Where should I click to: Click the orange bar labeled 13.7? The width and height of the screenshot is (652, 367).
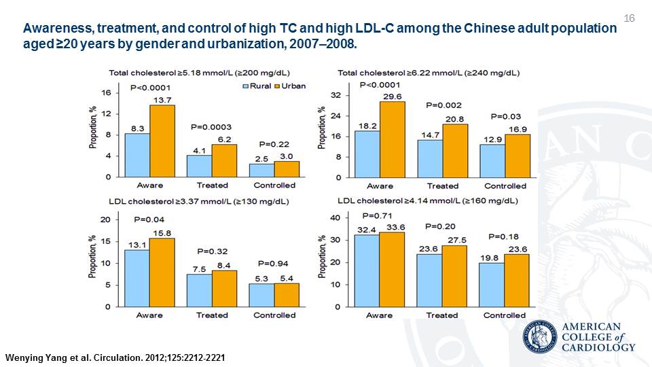[x=162, y=141]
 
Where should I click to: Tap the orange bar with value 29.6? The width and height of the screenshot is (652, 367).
[x=393, y=139]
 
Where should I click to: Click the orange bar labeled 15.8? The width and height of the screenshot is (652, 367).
[x=162, y=273]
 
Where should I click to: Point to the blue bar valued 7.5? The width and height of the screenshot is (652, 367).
[x=199, y=290]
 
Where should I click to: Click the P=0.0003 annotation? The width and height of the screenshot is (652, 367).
[x=211, y=126]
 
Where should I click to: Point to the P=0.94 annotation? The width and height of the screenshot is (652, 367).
[x=274, y=263]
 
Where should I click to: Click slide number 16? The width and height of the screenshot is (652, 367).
[x=628, y=17]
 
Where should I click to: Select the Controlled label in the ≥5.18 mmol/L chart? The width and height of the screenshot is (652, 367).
[x=274, y=185]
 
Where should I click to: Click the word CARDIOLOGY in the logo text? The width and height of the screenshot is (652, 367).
[x=600, y=347]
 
